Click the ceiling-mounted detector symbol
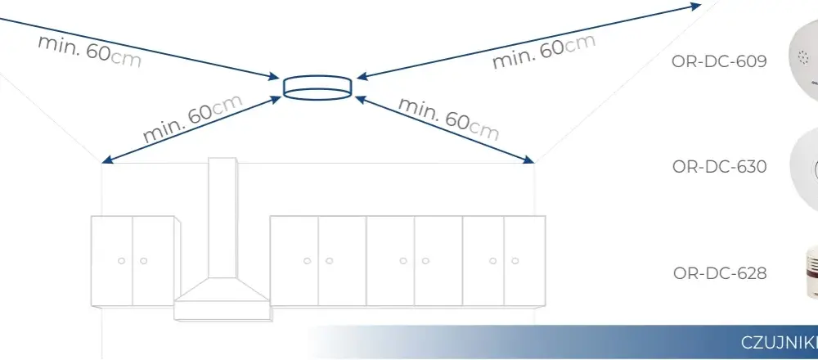(317, 87)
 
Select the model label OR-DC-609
(719, 61)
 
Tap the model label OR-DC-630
(719, 166)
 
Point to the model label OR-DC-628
(720, 273)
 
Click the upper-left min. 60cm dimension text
(89, 52)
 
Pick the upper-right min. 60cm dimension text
(544, 51)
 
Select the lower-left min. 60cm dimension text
(192, 119)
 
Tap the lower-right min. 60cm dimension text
(448, 119)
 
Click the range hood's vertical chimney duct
(222, 218)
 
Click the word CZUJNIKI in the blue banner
(780, 343)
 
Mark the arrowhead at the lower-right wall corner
(529, 159)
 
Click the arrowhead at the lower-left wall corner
(106, 160)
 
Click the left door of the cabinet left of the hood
(111, 261)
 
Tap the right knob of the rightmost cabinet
(515, 261)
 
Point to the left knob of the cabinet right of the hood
(308, 261)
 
